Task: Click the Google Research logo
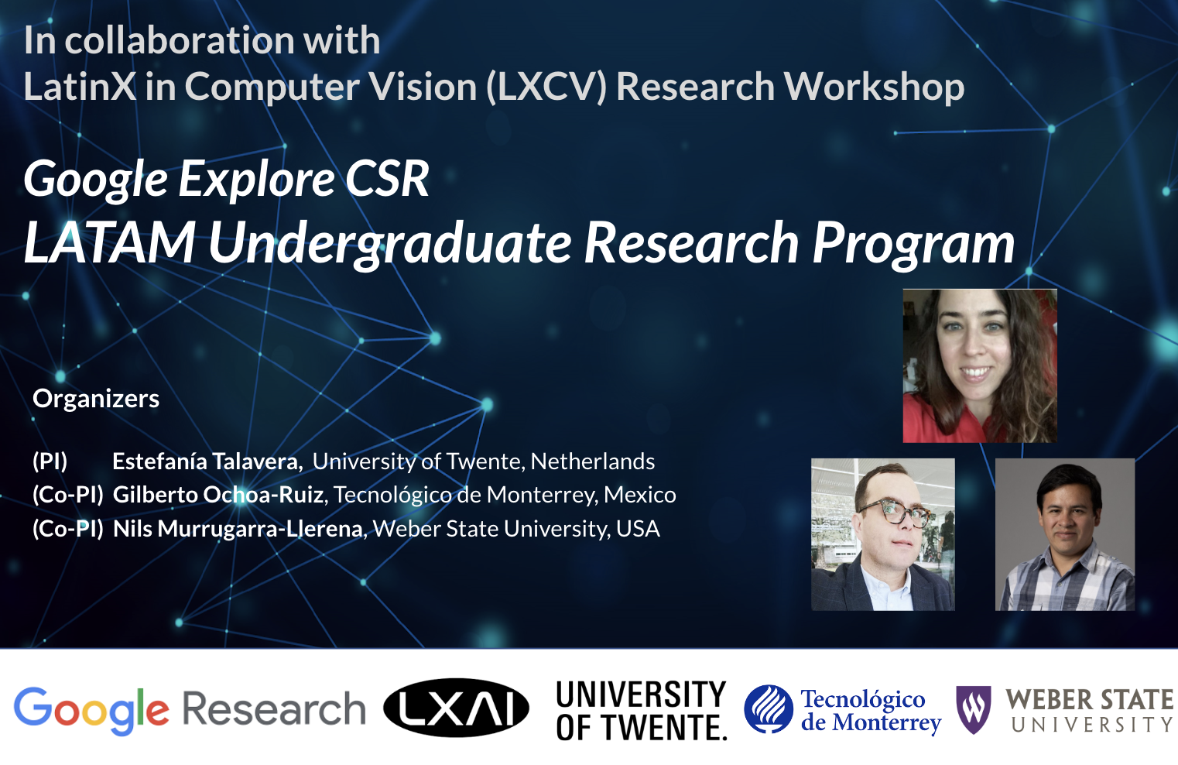[x=190, y=709]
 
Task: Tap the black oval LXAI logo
[x=456, y=708]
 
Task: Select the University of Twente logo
[x=641, y=711]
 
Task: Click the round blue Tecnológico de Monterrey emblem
[x=768, y=709]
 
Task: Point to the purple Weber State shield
[x=973, y=708]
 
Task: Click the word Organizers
[x=96, y=399]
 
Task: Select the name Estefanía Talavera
[x=206, y=461]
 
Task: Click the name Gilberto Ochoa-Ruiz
[x=218, y=495]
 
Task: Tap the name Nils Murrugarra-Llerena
[x=238, y=529]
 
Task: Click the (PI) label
[x=50, y=461]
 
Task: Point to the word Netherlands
[x=593, y=461]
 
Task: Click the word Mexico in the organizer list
[x=640, y=495]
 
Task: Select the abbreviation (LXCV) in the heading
[x=546, y=87]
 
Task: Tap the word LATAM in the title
[x=110, y=243]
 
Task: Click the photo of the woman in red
[x=979, y=365]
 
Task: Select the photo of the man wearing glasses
[x=882, y=534]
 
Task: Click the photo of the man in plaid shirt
[x=1064, y=534]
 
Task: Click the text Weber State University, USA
[x=516, y=529]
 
